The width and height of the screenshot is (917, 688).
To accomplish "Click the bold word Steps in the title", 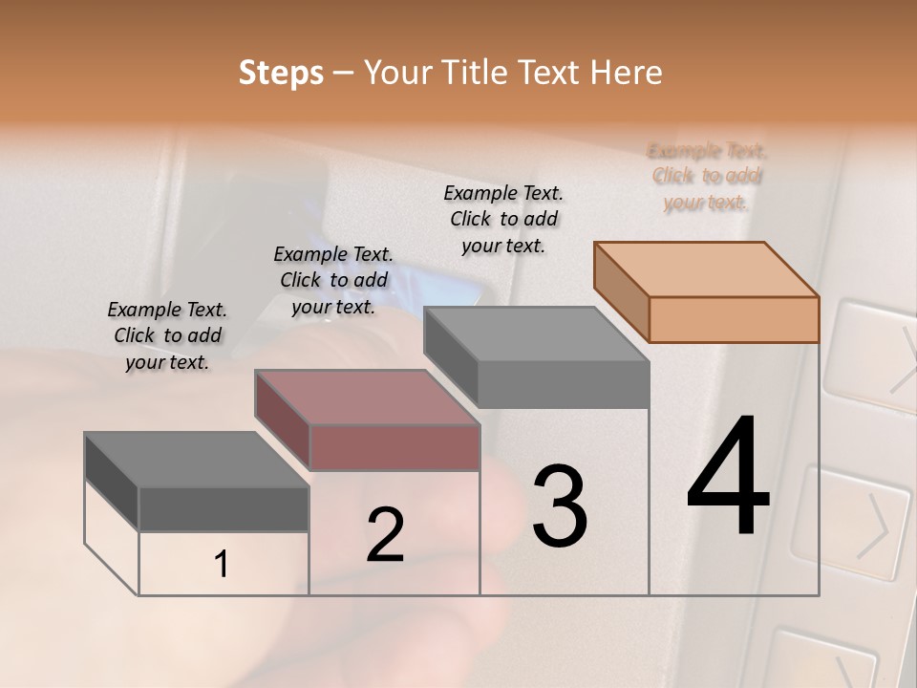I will tap(281, 73).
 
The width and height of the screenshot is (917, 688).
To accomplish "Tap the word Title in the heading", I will tap(475, 73).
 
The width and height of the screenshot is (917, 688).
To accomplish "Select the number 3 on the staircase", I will tap(559, 505).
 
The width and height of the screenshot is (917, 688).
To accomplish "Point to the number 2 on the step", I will tap(385, 535).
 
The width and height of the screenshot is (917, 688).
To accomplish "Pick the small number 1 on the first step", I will tap(222, 565).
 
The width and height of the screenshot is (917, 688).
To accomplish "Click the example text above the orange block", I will tap(707, 176).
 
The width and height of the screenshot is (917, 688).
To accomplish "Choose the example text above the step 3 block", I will tap(503, 219).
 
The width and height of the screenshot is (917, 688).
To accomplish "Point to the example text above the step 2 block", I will tap(333, 280).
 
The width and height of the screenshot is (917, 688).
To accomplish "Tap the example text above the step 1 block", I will tap(167, 335).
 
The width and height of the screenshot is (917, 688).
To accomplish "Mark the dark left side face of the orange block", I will tap(621, 290).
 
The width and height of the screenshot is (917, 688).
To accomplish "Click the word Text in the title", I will tap(549, 73).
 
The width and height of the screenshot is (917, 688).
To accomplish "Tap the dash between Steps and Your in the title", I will tap(343, 74).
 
